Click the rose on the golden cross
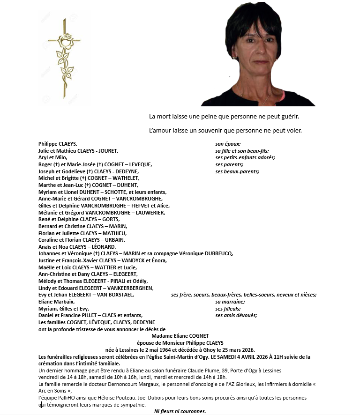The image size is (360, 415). [64, 42]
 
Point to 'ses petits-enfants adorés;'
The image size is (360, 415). [245, 157]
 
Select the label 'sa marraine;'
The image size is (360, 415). [230, 302]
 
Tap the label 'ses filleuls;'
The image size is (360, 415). [228, 309]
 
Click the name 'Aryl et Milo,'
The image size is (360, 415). [53, 157]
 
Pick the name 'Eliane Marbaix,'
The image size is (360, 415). [57, 302]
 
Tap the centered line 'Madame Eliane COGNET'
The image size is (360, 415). [180, 336]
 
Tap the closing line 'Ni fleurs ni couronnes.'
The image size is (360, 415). [180, 411]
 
